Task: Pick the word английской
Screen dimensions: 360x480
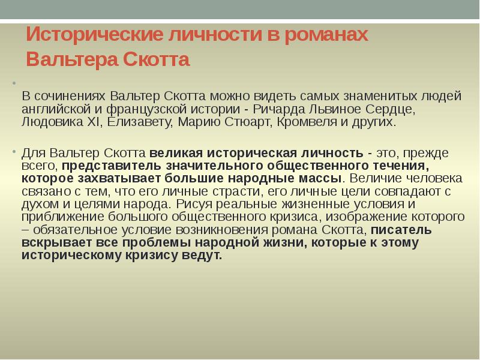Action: [53, 110]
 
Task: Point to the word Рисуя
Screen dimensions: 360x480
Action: [194, 205]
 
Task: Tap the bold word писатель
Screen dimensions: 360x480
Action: [401, 230]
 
